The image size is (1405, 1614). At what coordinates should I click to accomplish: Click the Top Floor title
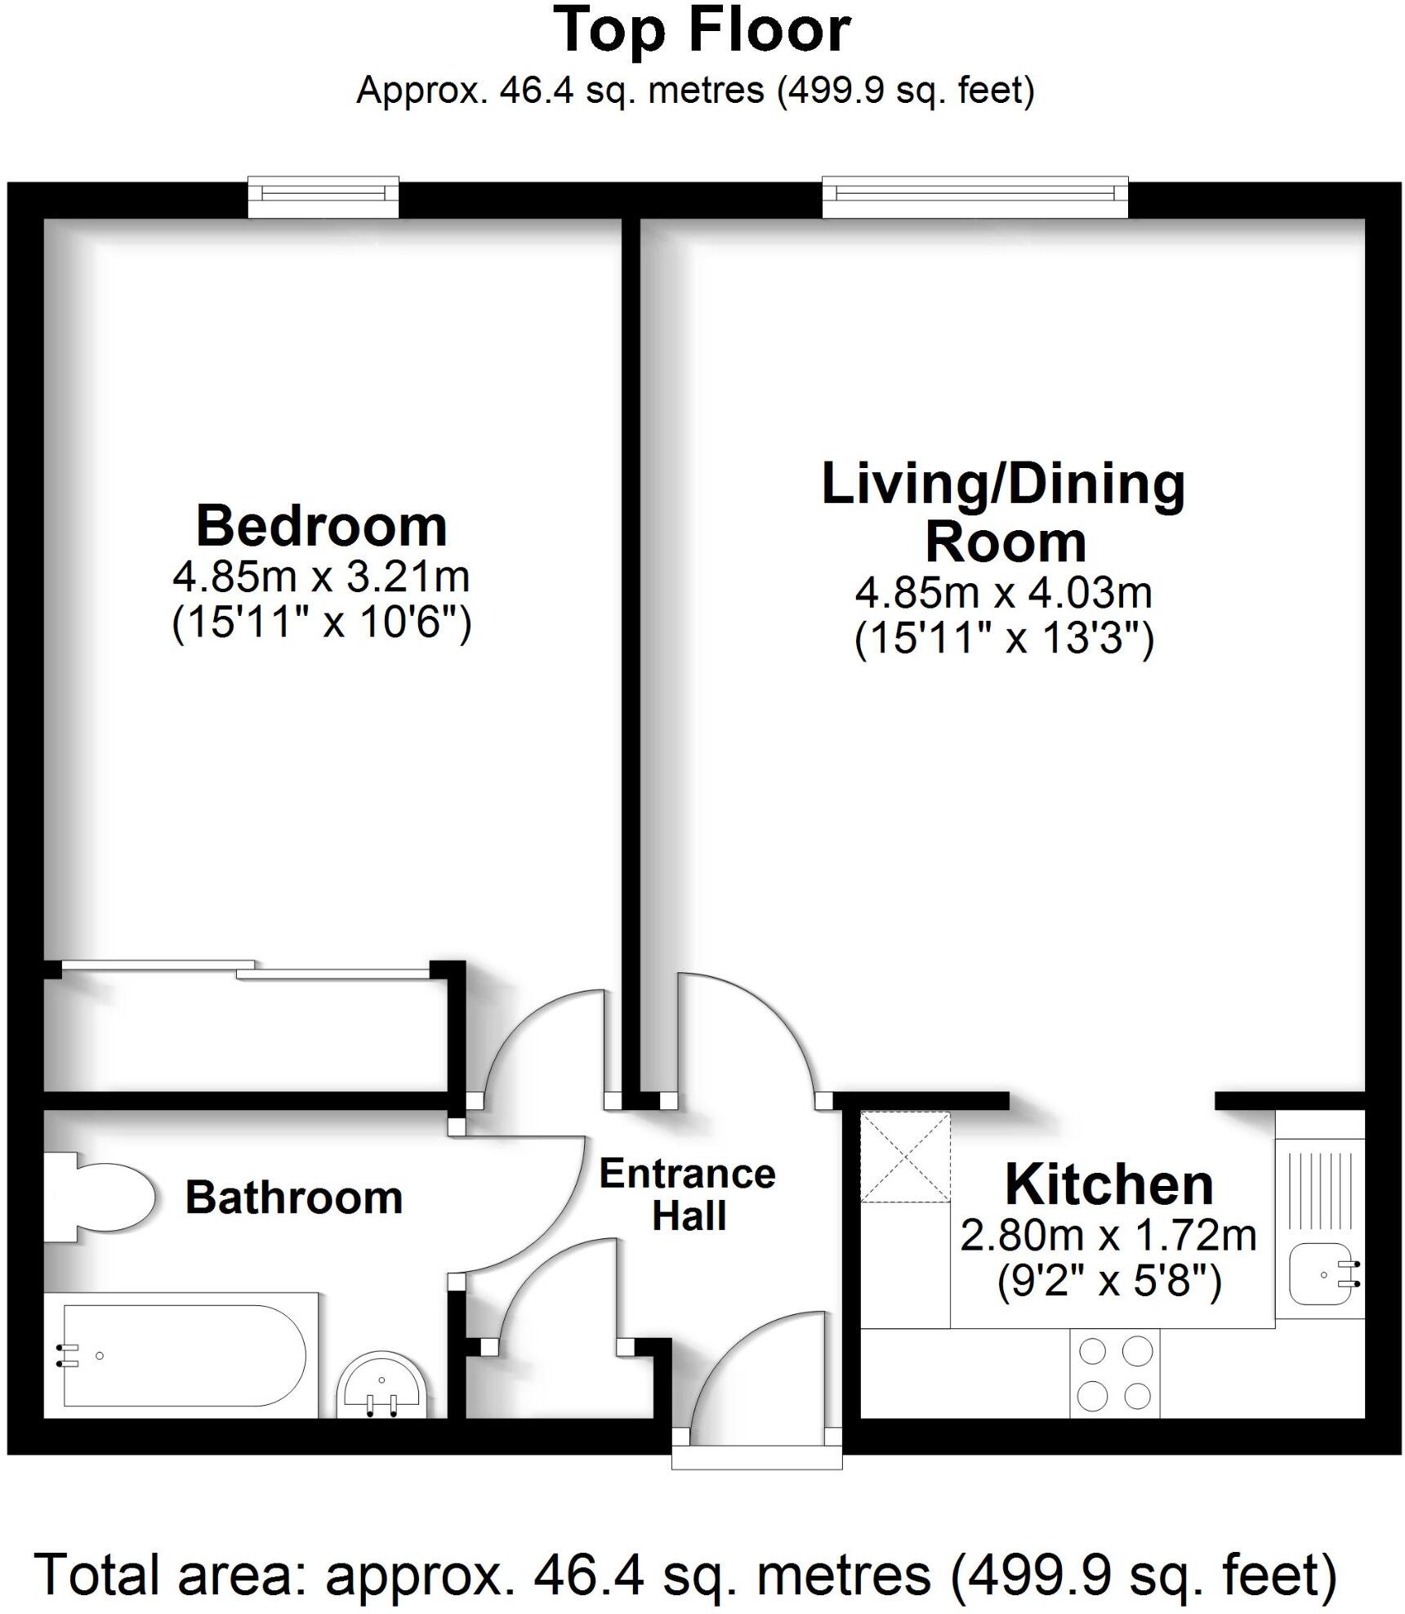pos(702,31)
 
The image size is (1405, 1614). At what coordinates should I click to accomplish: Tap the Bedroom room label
pos(322,527)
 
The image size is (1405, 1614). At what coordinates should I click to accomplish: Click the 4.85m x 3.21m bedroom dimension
pos(321,577)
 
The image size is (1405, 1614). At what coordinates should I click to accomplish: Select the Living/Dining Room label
pos(1003,513)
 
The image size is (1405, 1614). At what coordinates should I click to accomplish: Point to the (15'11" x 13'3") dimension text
pos(1004,639)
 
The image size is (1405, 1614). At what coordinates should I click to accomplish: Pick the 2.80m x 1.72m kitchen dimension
pos(1108,1235)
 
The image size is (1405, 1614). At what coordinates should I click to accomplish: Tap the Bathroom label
pos(294,1197)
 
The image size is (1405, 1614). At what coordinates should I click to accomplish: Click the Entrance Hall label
pos(688,1194)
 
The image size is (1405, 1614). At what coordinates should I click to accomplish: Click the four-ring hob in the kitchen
pos(1114,1373)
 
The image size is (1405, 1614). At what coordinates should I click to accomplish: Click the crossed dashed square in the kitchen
pos(905,1157)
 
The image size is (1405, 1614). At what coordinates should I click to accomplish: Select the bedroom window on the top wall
pos(323,196)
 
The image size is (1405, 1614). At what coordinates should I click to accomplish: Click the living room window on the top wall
pos(975,196)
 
